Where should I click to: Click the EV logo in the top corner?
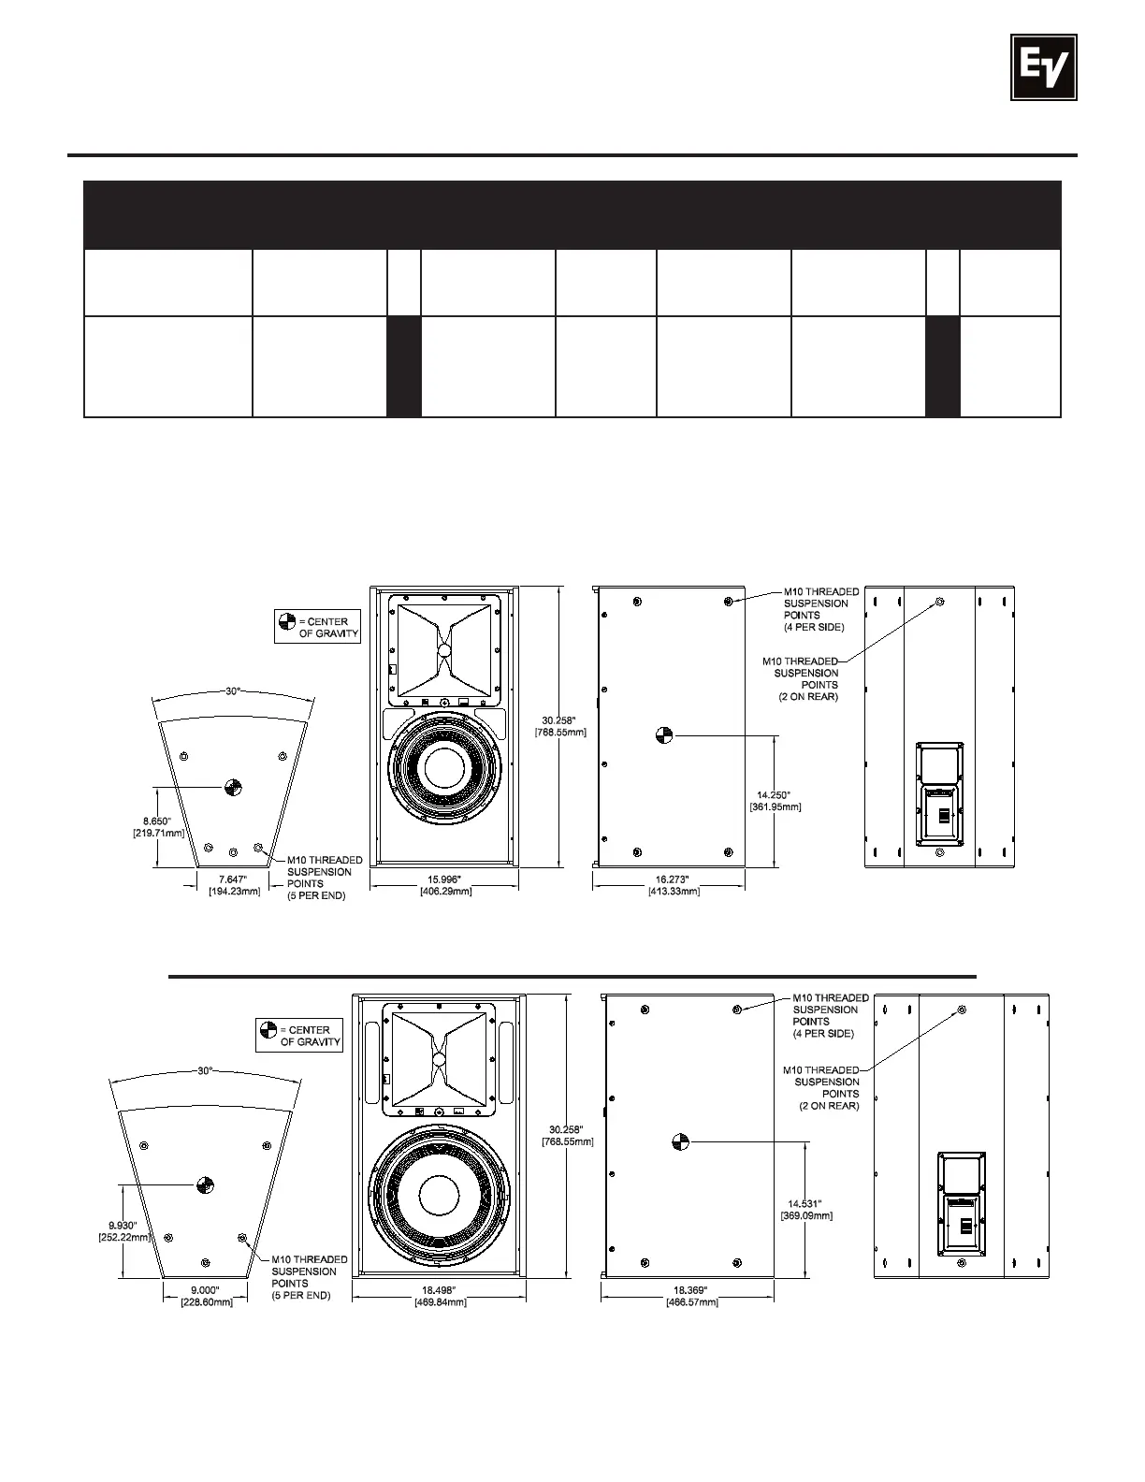pos(1043,66)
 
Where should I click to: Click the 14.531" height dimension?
pos(806,1209)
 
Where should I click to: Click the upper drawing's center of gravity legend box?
pos(318,627)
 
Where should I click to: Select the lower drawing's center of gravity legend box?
pos(299,1036)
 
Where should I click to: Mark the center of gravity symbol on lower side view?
pos(681,1141)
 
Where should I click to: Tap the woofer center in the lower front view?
pos(439,1196)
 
